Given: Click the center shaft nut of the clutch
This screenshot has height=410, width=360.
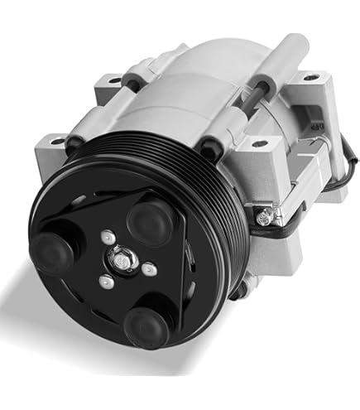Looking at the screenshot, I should (x=122, y=259).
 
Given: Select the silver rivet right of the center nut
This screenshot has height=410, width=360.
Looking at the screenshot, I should (x=146, y=268).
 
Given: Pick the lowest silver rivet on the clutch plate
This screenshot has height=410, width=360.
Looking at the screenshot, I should (x=105, y=282).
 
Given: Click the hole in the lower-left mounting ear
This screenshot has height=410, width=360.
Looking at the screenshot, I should (x=56, y=142).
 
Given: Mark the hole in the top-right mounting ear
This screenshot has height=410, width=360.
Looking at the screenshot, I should (x=310, y=79).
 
